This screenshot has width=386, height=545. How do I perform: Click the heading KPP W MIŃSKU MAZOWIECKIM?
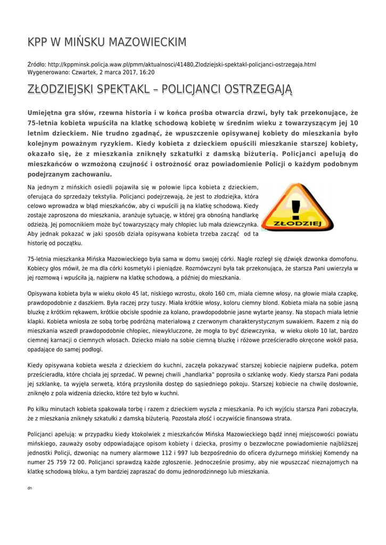click(x=107, y=42)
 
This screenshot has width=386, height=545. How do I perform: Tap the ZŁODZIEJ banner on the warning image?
click(x=297, y=224)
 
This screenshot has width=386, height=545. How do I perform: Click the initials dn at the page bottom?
click(x=30, y=488)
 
